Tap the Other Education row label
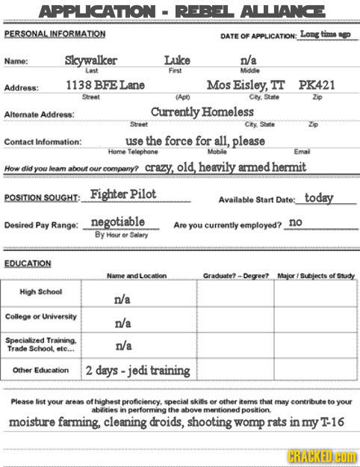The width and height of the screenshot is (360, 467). point(43,369)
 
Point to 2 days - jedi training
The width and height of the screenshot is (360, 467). point(138,371)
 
